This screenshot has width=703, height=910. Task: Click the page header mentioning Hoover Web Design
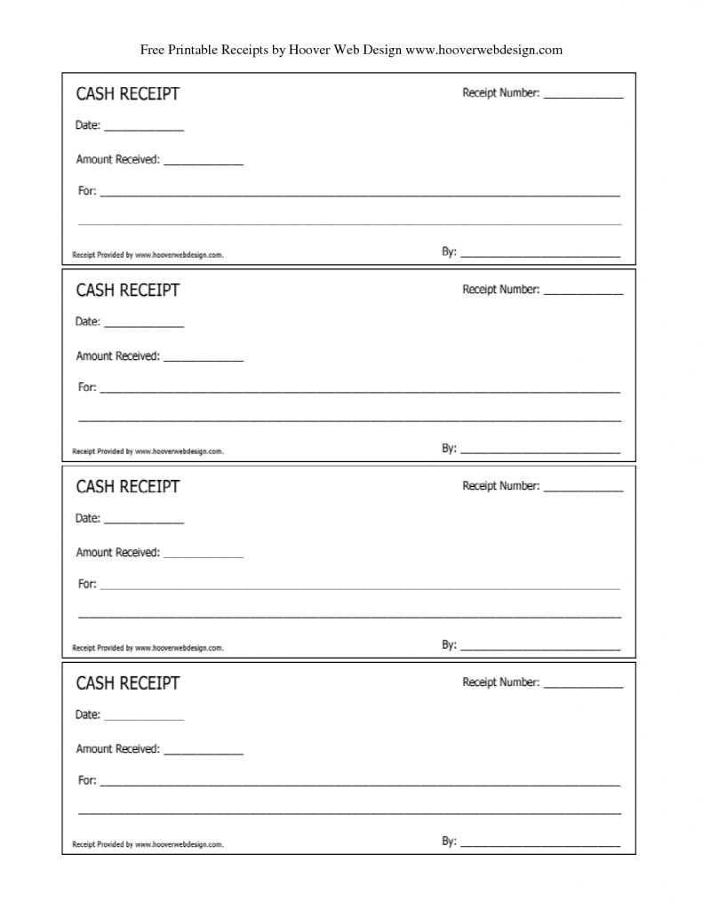point(351,50)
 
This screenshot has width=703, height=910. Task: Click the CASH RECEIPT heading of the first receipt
point(127,93)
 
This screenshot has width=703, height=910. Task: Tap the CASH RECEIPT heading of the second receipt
point(127,290)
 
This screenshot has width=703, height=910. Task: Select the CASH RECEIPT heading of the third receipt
point(127,486)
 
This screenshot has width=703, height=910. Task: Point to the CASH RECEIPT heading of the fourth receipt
point(127,682)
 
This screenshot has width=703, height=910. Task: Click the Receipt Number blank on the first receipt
point(583,95)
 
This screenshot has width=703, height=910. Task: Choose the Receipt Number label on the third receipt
point(500,486)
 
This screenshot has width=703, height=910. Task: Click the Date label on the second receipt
point(88,322)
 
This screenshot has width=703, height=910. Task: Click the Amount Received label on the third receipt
point(118,553)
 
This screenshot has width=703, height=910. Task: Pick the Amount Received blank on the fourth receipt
point(204,753)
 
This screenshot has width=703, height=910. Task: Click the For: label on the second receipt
point(87,387)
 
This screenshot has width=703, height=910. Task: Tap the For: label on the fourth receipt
point(87,780)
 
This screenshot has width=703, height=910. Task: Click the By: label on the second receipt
point(449,449)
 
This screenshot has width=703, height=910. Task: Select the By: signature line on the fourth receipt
point(540,844)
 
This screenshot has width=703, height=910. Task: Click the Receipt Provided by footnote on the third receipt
point(148,648)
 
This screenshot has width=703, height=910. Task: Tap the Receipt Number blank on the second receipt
point(583,291)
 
